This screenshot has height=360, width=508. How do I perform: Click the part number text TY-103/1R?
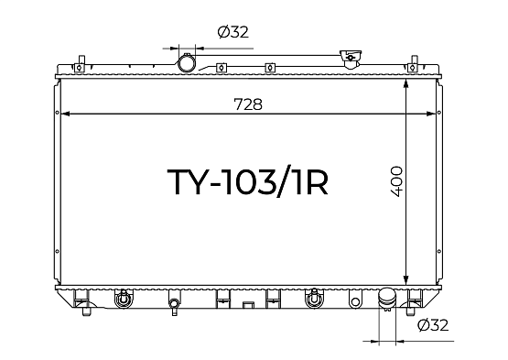247,182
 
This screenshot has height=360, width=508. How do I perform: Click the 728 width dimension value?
248,104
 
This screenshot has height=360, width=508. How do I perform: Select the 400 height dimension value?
396,181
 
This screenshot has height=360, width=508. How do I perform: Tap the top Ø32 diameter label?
232,32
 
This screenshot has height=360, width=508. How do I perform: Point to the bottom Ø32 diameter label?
433,325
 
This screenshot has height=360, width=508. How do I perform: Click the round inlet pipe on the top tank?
187,62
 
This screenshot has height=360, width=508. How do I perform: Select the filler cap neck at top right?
351,59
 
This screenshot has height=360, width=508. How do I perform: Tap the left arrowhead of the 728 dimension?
65,114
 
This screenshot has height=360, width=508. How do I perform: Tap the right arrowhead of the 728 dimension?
431,114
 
